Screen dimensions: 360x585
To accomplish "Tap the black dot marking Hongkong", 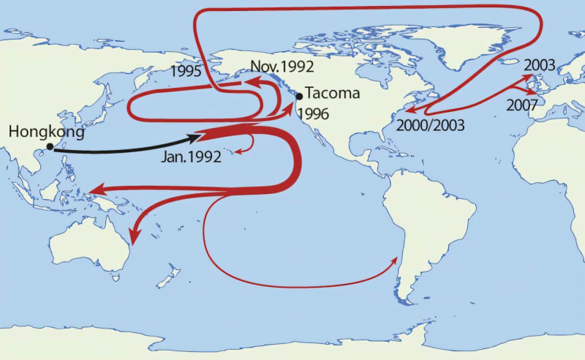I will (50, 147).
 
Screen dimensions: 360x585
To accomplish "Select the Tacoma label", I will (328, 94).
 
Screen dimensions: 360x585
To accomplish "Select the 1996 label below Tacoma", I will (314, 113).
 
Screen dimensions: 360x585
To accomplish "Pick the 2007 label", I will (521, 105).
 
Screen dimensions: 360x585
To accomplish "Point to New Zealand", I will (170, 277).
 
